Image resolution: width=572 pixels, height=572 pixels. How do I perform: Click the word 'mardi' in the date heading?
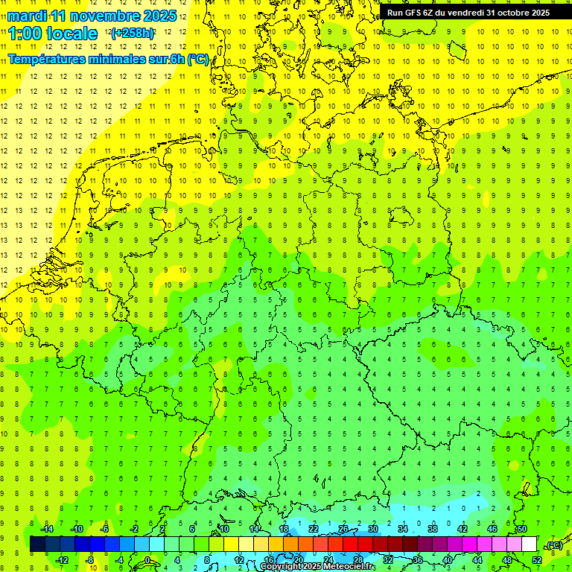pos(28,16)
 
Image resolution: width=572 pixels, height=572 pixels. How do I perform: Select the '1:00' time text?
pos(25,34)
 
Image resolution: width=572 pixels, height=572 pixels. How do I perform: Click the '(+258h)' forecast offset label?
pos(132,34)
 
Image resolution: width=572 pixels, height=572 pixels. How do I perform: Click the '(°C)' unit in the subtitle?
pos(197,60)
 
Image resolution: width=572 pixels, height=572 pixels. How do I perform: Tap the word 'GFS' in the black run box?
pos(414,13)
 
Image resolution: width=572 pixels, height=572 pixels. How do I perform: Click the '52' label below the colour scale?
pos(537,560)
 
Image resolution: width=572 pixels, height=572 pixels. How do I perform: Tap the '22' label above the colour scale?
pos(314,529)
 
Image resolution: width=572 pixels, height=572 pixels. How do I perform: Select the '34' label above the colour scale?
pos(403,529)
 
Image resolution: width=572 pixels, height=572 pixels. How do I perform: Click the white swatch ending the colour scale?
pos(530,544)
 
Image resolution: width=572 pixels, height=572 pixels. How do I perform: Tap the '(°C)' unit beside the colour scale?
pos(554,545)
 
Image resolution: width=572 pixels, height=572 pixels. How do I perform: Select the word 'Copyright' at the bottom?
pos(279,567)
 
